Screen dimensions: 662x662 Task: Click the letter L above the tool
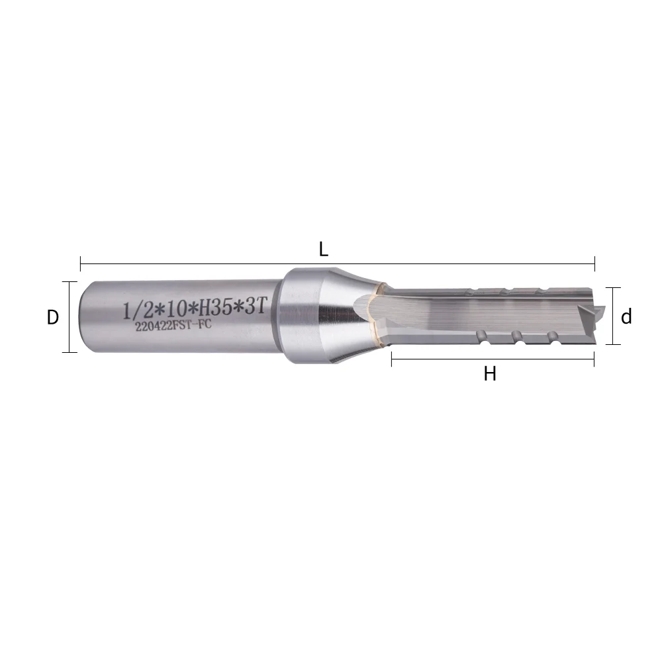tap(324, 250)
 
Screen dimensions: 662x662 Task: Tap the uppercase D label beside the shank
tap(53, 318)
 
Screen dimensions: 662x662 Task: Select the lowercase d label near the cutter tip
tap(626, 317)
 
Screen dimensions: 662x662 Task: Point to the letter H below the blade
tap(490, 374)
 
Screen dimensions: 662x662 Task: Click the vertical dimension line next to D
tap(69, 317)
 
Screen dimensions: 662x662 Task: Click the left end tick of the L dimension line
tap(80, 263)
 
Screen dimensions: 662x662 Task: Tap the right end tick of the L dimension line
tap(594, 263)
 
